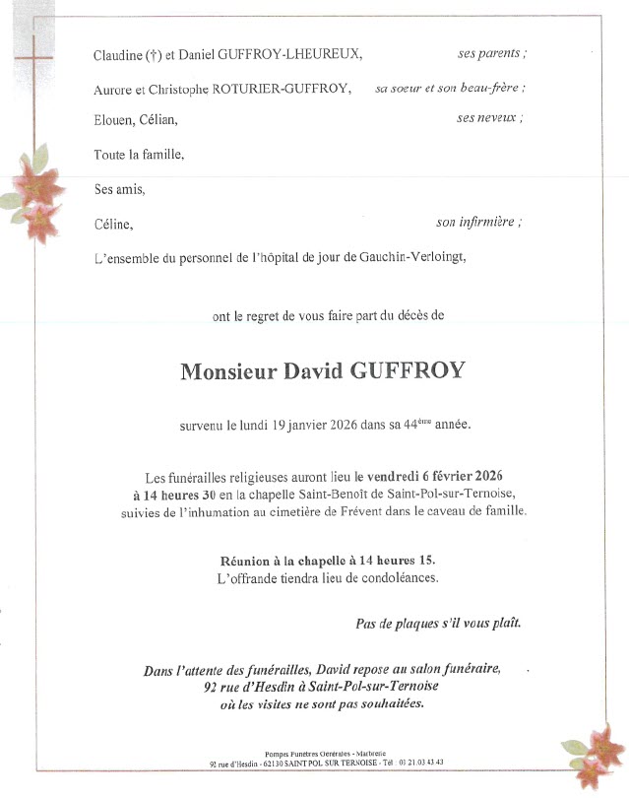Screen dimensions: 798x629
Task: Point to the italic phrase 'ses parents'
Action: coord(491,53)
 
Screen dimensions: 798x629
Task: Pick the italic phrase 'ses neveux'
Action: coord(489,118)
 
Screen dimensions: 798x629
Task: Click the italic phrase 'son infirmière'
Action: coord(478,223)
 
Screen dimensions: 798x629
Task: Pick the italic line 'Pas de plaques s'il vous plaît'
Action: coord(438,624)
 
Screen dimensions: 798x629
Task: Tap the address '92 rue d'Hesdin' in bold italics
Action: coord(236,687)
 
